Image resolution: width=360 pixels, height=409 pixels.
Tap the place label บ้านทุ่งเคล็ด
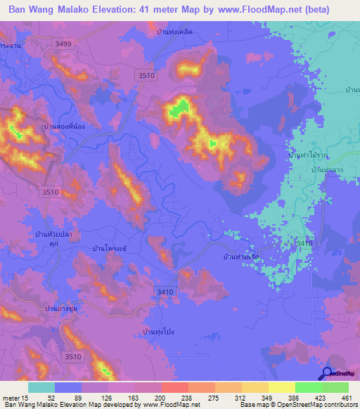[x=174, y=32]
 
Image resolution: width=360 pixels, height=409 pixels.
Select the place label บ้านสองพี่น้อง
[x=44, y=127]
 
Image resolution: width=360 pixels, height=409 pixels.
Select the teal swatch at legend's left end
[x=41, y=387]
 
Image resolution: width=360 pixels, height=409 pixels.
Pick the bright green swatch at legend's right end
[x=335, y=387]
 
